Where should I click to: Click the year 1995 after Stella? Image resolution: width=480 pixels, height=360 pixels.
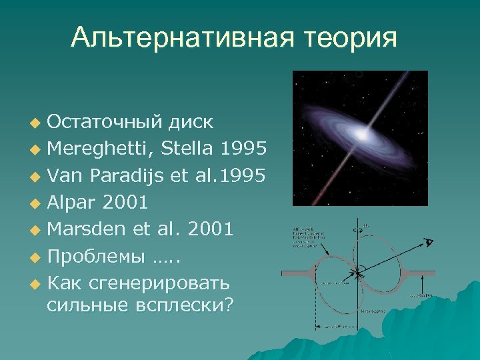[x=245, y=148]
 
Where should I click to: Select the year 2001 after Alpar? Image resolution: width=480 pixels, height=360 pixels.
[x=126, y=202]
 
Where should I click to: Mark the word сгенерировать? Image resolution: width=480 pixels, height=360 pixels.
[x=164, y=283]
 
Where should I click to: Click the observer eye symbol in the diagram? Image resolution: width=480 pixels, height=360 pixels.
[x=429, y=243]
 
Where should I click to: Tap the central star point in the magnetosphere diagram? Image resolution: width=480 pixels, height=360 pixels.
[x=358, y=272]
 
